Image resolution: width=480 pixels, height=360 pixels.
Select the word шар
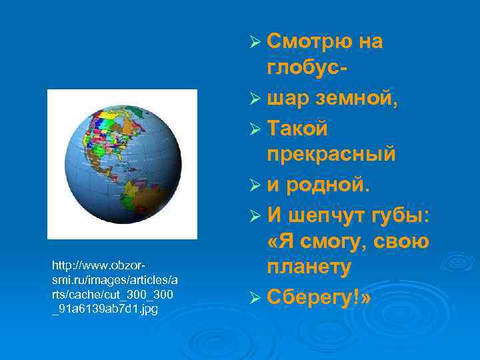click(288, 99)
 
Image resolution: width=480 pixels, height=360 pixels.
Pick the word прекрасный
click(331, 155)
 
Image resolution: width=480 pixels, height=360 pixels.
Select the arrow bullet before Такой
click(253, 127)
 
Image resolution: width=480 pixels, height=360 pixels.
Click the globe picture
click(122, 164)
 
